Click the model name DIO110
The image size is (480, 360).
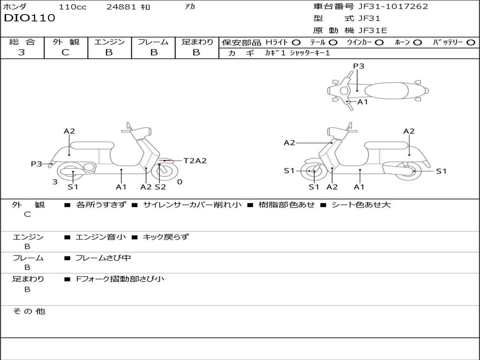[x=30, y=18]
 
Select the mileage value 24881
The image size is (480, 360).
[x=121, y=7]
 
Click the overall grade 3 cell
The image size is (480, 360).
[x=22, y=52]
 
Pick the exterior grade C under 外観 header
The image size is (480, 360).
[x=66, y=52]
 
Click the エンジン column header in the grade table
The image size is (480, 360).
[x=109, y=42]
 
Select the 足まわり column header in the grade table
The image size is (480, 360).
[x=197, y=42]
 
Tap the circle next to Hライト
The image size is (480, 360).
[x=296, y=43]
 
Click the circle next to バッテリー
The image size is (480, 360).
[x=471, y=43]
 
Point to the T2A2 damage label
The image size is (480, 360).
[x=195, y=161]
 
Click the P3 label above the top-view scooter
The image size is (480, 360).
[x=359, y=66]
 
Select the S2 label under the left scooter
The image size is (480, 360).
[x=160, y=187]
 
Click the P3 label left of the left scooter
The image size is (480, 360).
[x=37, y=164]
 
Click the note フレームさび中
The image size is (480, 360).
[x=103, y=258]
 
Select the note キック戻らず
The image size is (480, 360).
[x=165, y=237]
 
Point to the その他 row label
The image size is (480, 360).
[x=29, y=311]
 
